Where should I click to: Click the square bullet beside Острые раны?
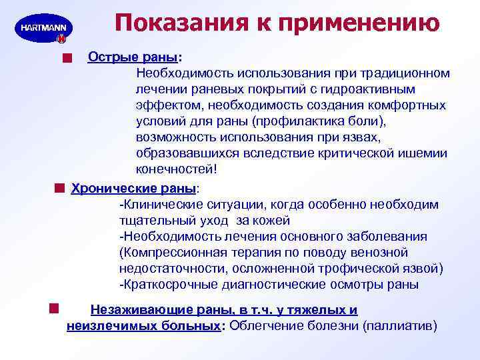(x=65, y=59)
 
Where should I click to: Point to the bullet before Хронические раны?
(x=60, y=187)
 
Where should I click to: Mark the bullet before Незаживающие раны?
(x=54, y=307)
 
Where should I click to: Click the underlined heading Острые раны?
(x=133, y=56)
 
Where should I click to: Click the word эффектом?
(x=169, y=105)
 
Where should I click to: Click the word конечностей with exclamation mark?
(x=177, y=169)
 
